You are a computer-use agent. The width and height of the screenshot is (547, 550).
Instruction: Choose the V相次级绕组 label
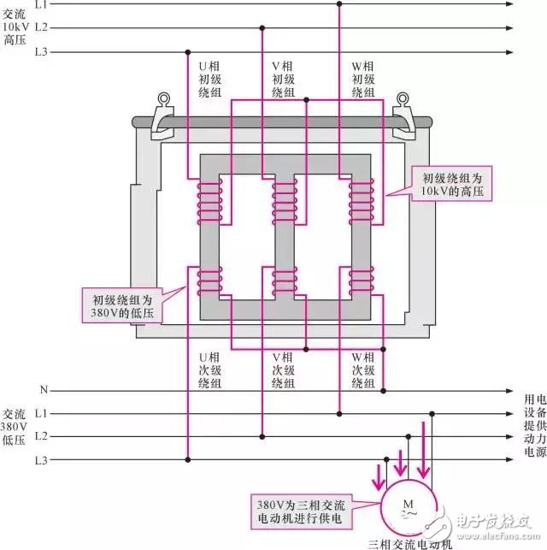[283, 370]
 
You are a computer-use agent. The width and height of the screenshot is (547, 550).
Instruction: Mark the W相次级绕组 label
[362, 370]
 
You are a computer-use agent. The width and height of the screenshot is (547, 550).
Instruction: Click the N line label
[42, 390]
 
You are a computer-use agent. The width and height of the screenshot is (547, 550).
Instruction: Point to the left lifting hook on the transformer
[162, 116]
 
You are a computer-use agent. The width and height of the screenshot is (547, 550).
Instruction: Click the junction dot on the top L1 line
[340, 5]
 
